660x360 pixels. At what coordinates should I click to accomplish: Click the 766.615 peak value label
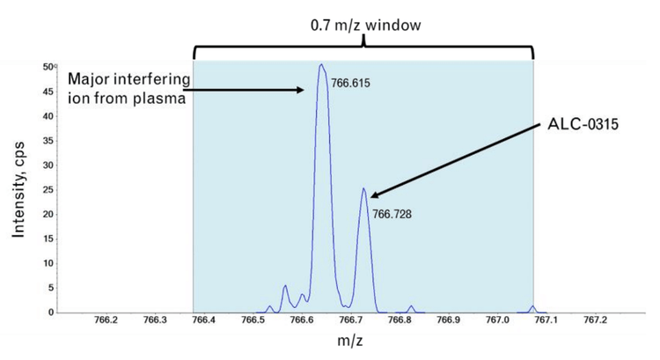[348, 83]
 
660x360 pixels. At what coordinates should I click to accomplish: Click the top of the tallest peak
[321, 64]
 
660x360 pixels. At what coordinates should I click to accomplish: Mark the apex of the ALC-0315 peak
[363, 187]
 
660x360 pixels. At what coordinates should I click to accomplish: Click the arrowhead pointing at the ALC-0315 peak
[373, 195]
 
